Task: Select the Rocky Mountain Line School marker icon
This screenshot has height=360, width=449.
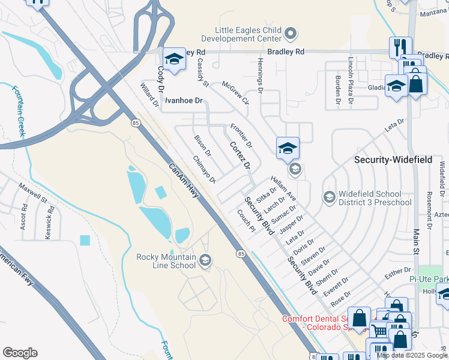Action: click(x=205, y=259)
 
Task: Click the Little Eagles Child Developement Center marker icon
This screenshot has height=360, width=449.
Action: click(x=291, y=34)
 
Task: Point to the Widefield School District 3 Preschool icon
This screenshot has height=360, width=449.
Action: click(x=329, y=197)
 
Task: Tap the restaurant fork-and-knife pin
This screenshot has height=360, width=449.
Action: click(x=400, y=47)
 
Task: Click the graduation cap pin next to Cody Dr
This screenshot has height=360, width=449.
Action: click(x=173, y=59)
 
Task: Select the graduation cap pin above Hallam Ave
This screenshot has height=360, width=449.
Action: click(x=288, y=148)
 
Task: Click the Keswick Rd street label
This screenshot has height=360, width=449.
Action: click(x=50, y=223)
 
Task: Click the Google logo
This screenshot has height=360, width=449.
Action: click(x=20, y=353)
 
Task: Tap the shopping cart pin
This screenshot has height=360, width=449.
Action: click(x=379, y=329)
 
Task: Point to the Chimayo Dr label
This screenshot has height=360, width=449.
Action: click(x=204, y=170)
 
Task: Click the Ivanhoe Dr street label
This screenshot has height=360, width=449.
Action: click(x=184, y=100)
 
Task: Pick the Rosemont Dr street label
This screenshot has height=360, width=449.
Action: click(x=429, y=211)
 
